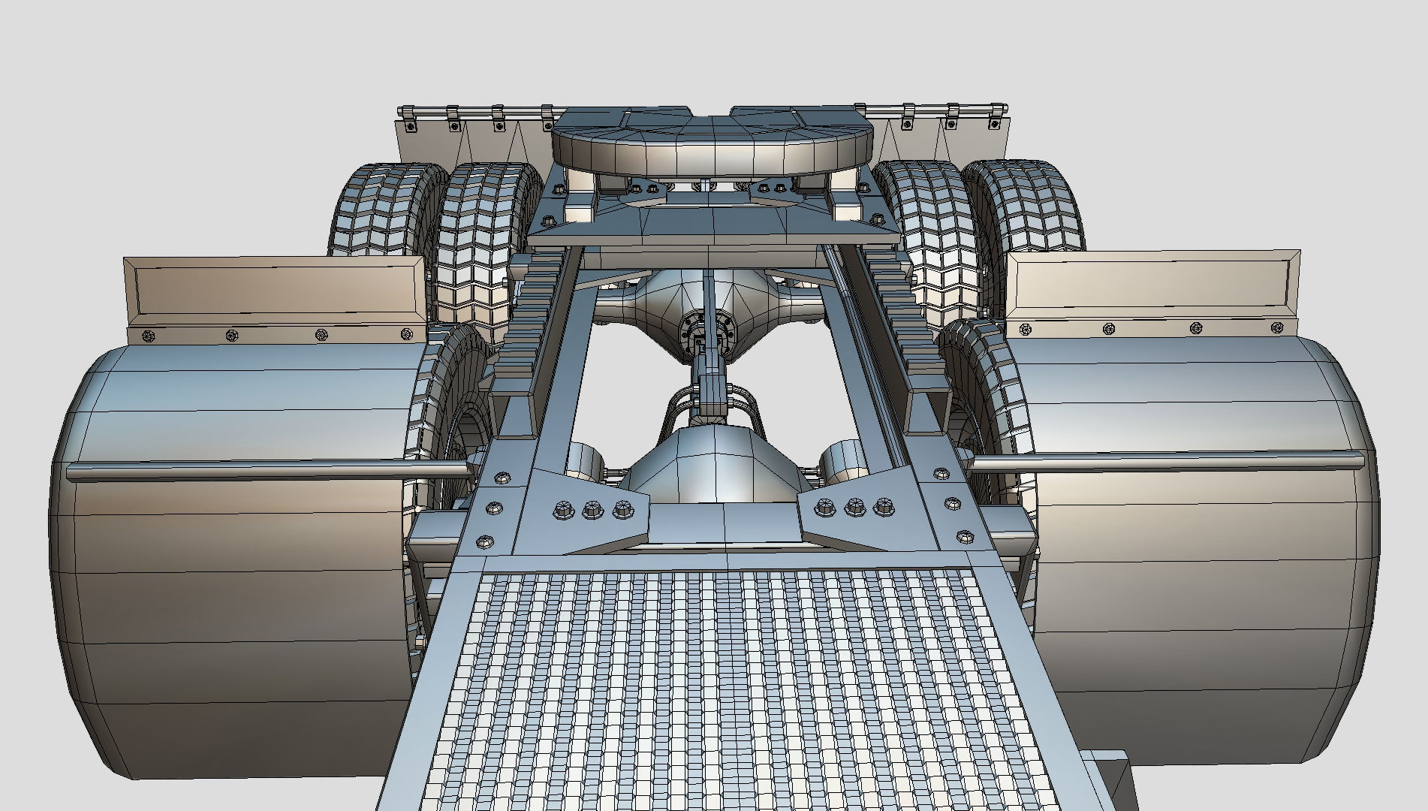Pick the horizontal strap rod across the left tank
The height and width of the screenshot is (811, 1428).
coord(263,471)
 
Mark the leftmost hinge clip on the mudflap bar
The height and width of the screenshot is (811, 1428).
coord(408,117)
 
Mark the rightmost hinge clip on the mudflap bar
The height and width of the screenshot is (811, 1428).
coord(997,115)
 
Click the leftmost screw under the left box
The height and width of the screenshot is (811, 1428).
coord(149,336)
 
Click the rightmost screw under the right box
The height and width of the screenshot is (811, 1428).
coord(1279,327)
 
